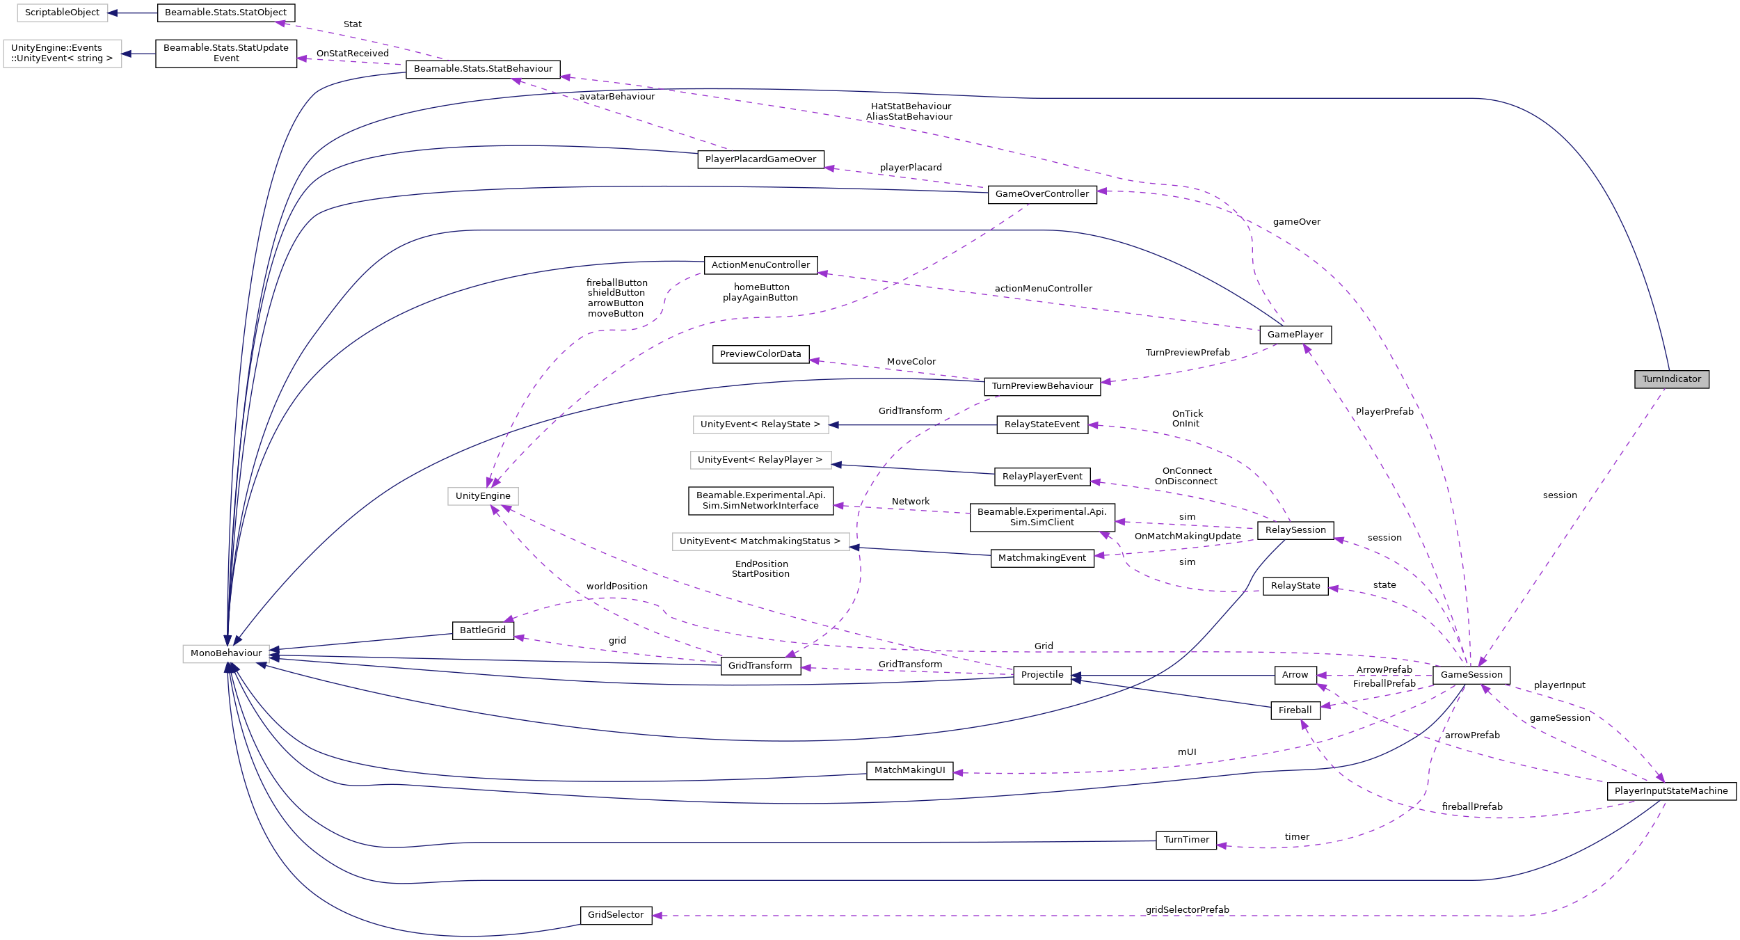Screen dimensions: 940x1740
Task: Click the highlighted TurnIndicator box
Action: coord(1671,379)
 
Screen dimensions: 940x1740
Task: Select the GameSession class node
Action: coord(1471,675)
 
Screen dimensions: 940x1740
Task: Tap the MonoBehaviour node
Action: coord(226,653)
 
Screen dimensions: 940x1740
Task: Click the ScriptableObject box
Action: coord(62,13)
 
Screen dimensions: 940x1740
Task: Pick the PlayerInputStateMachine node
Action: coord(1670,791)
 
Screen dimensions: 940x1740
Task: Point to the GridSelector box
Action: coord(616,915)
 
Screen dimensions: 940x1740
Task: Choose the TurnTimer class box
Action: coord(1186,840)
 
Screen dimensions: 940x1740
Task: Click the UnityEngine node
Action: coord(483,496)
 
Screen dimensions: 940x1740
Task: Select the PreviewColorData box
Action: coord(760,354)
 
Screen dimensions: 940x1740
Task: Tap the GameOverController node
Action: coord(1041,194)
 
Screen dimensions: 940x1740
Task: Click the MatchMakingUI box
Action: coord(909,770)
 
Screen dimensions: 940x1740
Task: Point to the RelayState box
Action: coord(1295,586)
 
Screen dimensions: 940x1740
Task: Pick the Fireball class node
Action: coord(1295,710)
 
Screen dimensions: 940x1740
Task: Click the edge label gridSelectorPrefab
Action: coord(1187,910)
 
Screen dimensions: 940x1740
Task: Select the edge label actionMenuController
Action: coord(1043,289)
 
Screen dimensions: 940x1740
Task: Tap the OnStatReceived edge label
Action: coord(352,54)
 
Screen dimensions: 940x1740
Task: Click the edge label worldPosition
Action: coord(616,587)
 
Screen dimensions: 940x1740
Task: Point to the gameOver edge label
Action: coord(1296,222)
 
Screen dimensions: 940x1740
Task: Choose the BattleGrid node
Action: coord(483,630)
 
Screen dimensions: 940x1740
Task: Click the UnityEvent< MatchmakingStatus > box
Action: coord(760,541)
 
